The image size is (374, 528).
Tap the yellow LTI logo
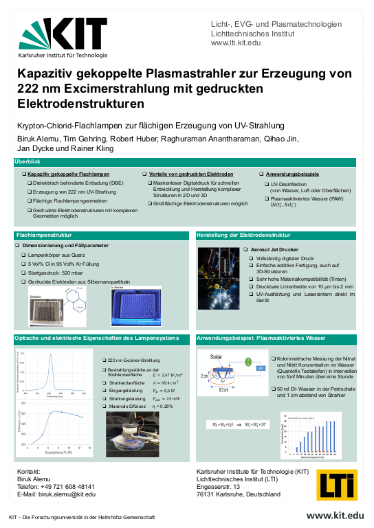(x=337, y=483)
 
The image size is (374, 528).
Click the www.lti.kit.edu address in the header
(x=236, y=43)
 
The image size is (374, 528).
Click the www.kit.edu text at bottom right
(x=335, y=516)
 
